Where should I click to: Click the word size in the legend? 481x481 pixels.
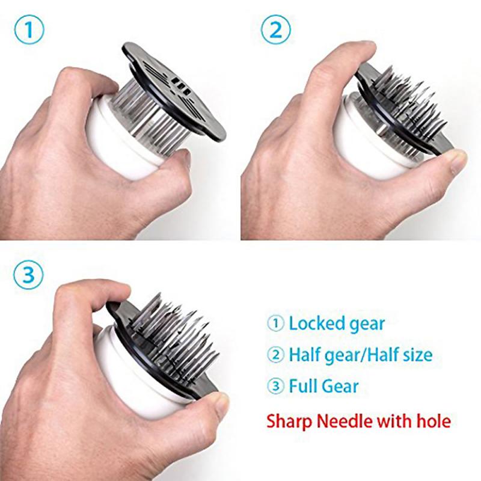point(415,355)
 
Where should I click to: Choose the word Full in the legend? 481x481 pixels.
point(304,385)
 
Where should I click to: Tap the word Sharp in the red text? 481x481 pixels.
point(288,419)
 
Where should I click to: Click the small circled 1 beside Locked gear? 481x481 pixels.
point(275,324)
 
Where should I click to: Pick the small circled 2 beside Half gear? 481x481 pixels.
point(275,355)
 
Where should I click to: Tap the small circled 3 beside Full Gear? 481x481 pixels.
point(275,386)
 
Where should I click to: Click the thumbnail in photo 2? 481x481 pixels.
point(458,159)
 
